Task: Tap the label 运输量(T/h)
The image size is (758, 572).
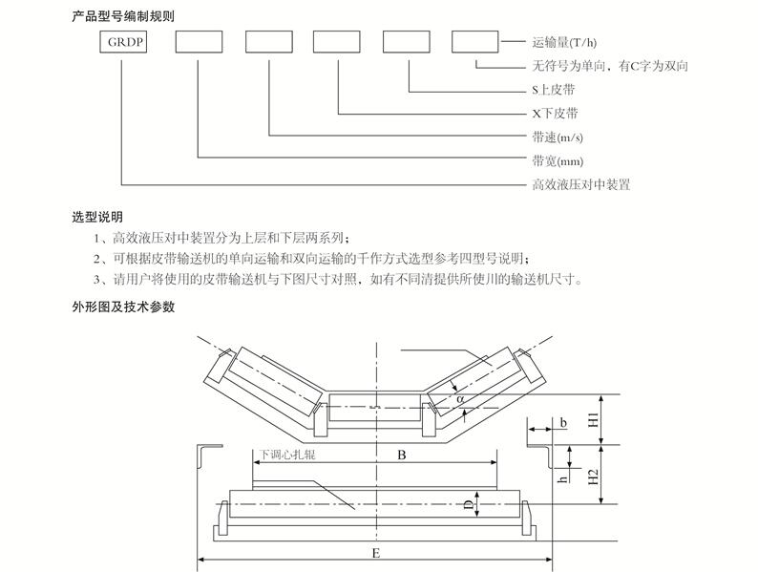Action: pos(570,42)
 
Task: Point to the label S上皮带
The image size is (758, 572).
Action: pos(553,89)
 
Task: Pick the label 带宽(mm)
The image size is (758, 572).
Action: pos(558,160)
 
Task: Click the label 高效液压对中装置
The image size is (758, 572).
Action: pos(580,184)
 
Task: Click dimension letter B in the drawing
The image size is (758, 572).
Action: pos(402,456)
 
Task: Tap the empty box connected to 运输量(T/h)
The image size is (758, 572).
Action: pos(474,42)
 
